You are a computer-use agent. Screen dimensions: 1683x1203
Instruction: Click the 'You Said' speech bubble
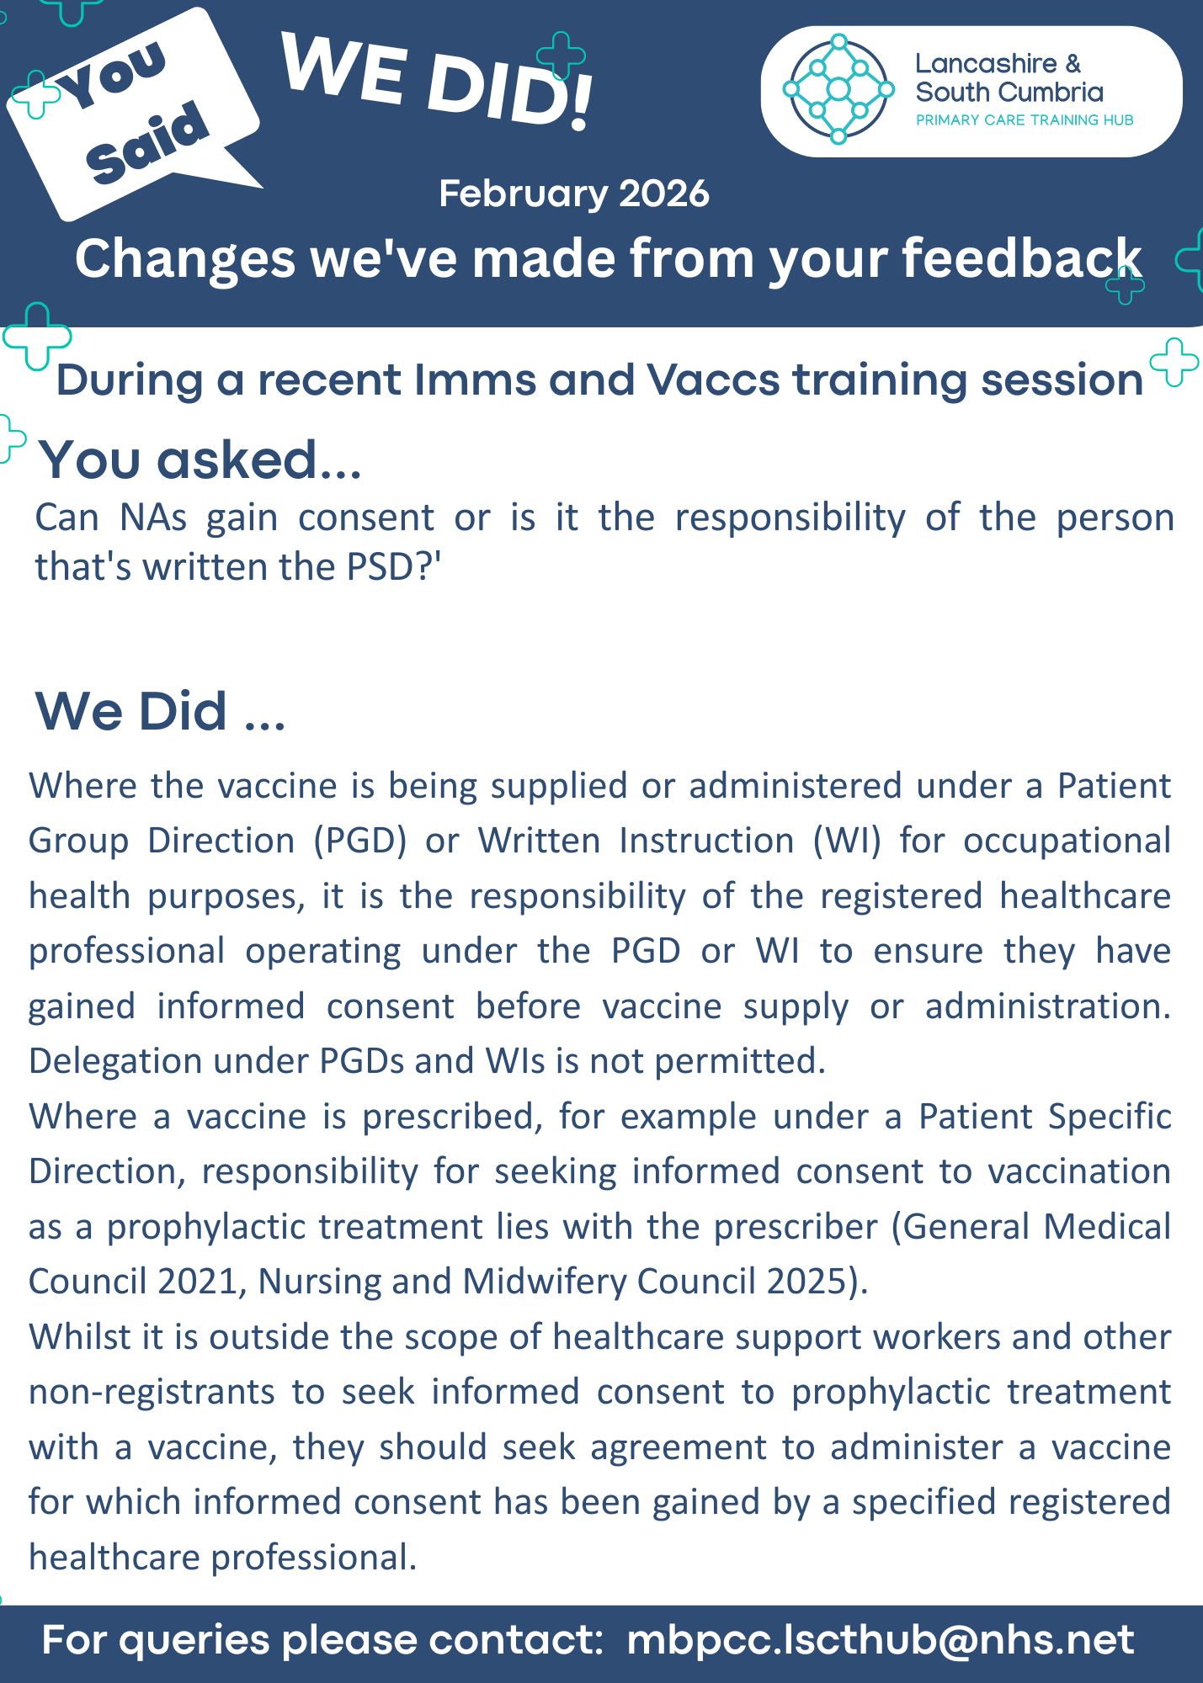(135, 114)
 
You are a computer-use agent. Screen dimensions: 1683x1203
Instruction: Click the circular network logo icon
(838, 89)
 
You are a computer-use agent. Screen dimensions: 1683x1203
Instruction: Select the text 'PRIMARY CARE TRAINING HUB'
(1024, 120)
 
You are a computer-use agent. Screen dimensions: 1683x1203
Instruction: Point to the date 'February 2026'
(573, 194)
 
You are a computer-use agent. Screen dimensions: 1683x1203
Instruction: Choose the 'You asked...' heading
(200, 460)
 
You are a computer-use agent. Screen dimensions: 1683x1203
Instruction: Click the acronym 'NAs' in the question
(152, 518)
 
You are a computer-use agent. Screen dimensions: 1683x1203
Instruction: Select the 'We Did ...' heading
(160, 711)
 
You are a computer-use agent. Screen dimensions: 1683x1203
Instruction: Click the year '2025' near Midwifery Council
(805, 1282)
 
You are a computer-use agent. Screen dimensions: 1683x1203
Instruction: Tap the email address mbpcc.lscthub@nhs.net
(880, 1640)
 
